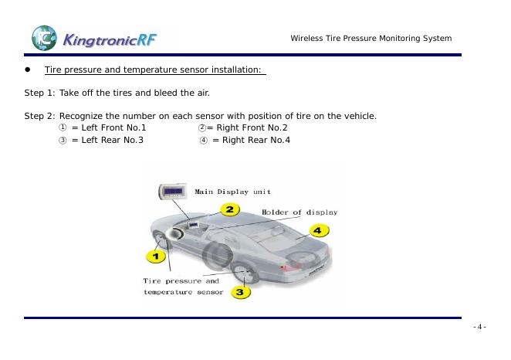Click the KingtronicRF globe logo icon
tap(44, 37)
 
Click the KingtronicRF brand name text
tap(110, 38)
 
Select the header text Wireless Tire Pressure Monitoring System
tap(371, 39)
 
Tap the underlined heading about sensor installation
tap(154, 70)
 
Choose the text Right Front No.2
tap(247, 127)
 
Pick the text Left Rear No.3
tap(107, 141)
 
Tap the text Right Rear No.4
tap(251, 141)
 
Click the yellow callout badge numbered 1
tap(156, 256)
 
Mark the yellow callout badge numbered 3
tap(239, 292)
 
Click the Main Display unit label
tap(232, 192)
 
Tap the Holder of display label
tap(299, 212)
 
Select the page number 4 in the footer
tap(479, 327)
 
